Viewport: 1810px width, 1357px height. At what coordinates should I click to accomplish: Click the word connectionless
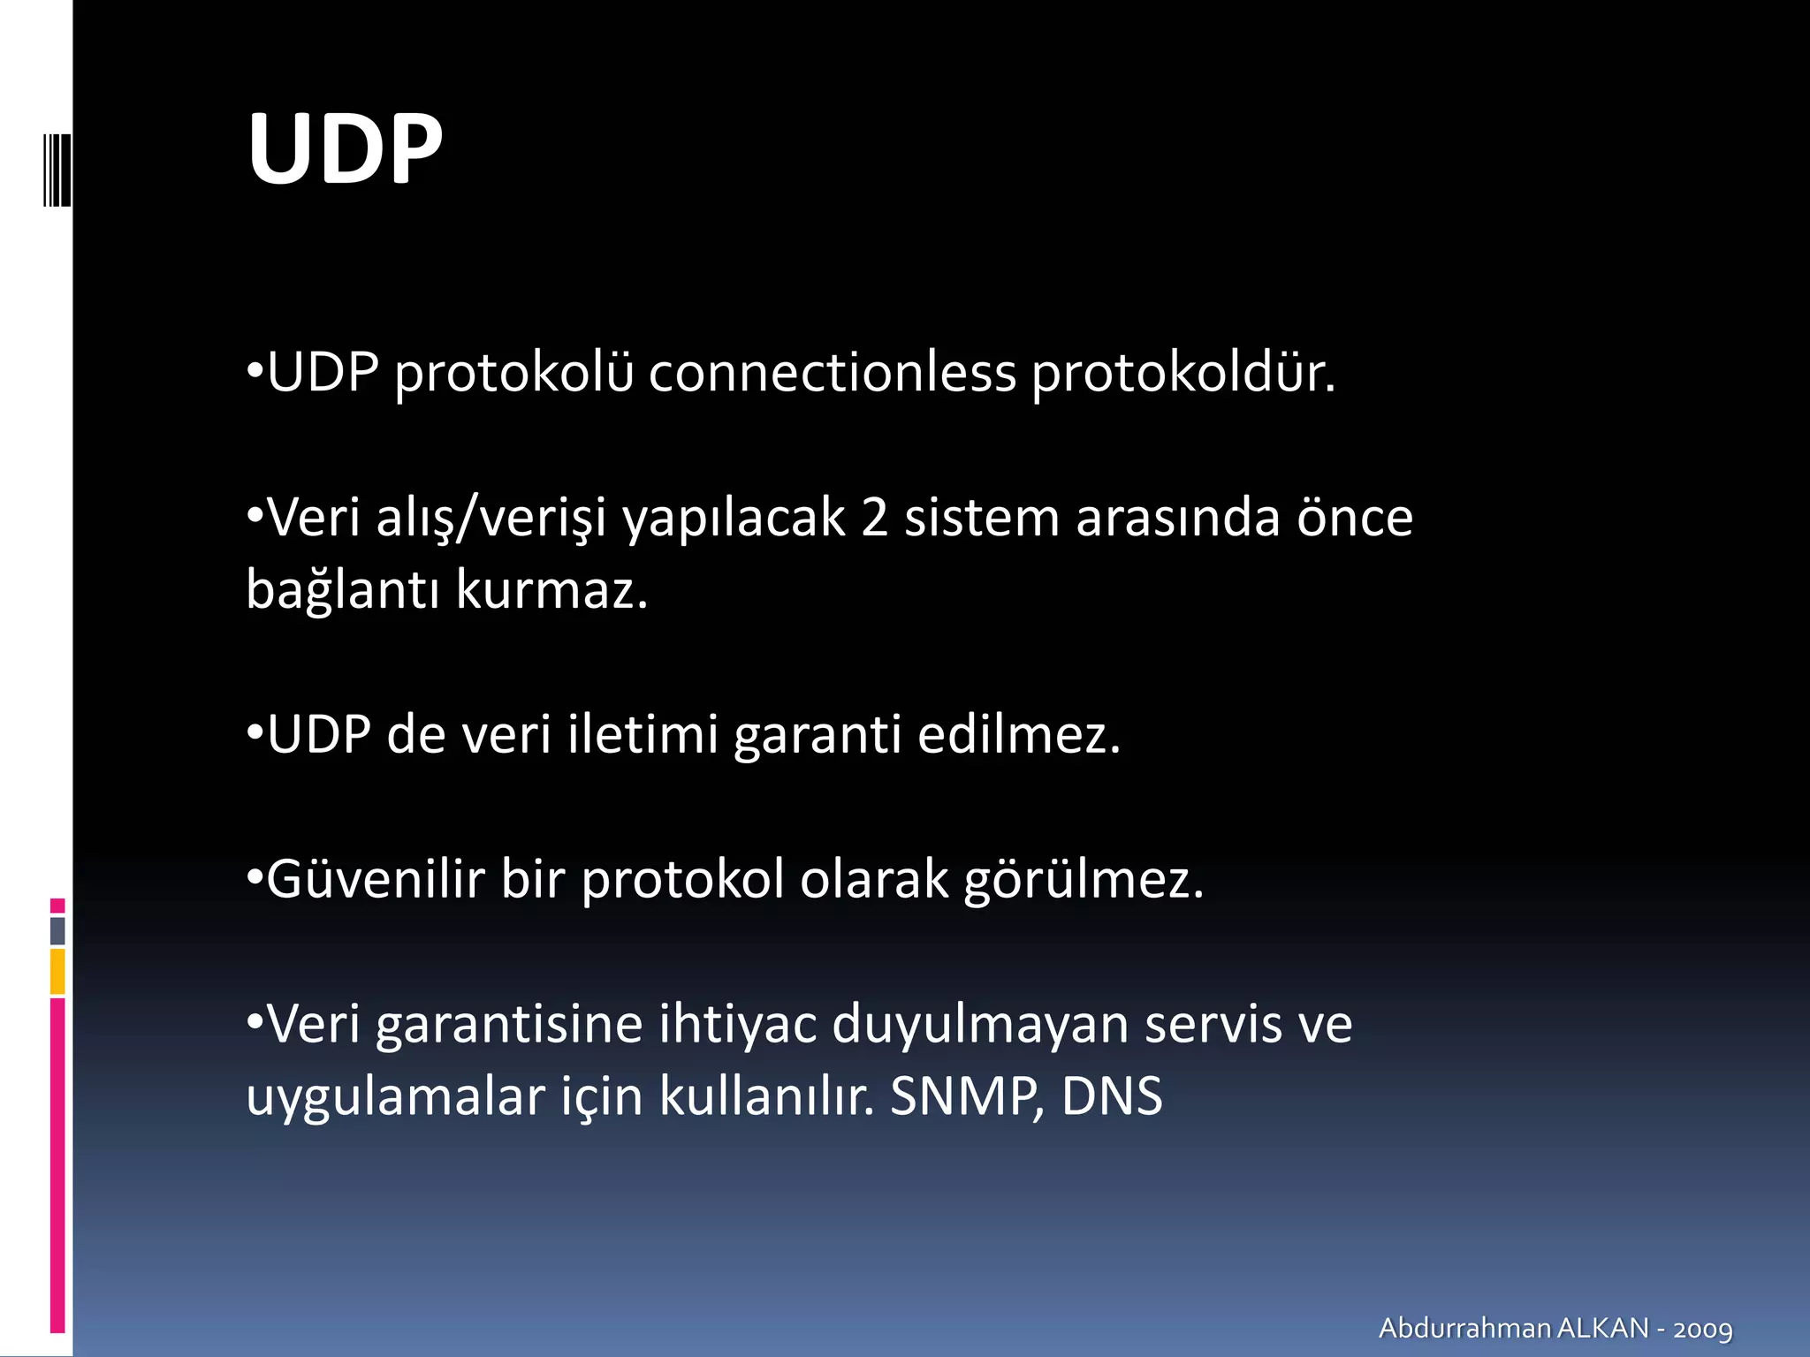point(833,372)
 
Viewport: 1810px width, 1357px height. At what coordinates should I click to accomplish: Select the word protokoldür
point(1183,372)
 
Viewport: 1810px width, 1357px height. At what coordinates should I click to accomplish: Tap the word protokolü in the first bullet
point(513,372)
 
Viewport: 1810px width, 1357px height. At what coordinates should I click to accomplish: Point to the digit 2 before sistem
point(874,518)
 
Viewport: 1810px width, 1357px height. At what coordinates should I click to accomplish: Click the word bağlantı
point(343,590)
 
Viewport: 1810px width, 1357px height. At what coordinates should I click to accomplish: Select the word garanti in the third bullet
point(818,735)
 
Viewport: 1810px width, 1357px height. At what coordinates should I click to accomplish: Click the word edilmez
point(1019,735)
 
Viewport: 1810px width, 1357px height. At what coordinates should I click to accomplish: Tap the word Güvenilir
point(376,880)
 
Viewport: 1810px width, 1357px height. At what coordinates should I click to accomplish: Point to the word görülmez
point(1084,880)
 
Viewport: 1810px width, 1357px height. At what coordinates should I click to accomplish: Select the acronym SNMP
point(966,1097)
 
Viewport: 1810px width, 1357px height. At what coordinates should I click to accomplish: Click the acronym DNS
point(1112,1097)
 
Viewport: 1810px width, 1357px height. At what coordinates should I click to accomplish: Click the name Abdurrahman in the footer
point(1464,1328)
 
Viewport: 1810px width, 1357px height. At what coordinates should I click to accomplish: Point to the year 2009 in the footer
point(1703,1329)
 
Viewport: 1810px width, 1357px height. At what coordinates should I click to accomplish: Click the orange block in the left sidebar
point(57,971)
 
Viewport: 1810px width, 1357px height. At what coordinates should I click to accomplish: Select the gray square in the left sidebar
point(57,930)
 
